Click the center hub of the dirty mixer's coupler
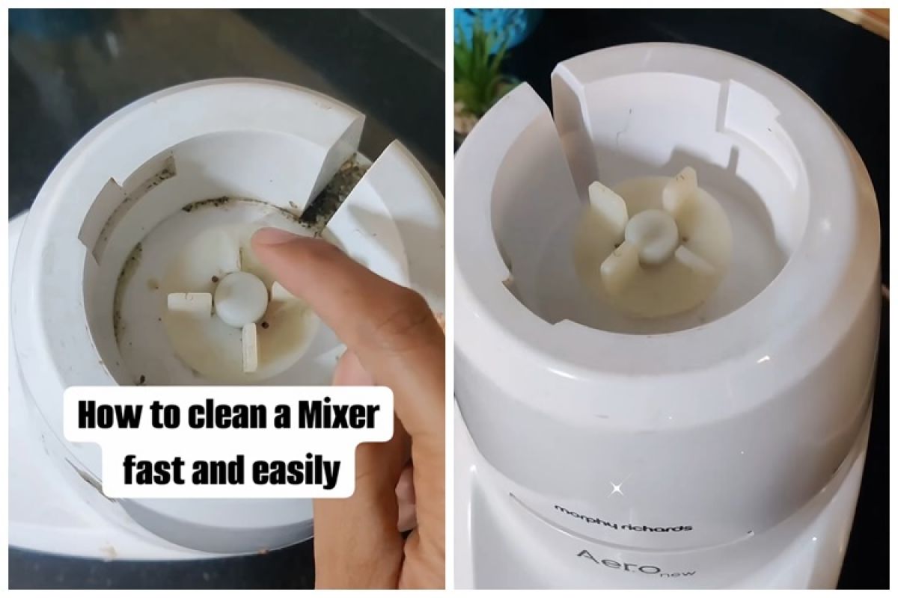point(240,298)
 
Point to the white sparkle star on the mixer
point(617,489)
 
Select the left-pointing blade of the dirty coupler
point(189,302)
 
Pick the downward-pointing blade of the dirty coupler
point(249,348)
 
